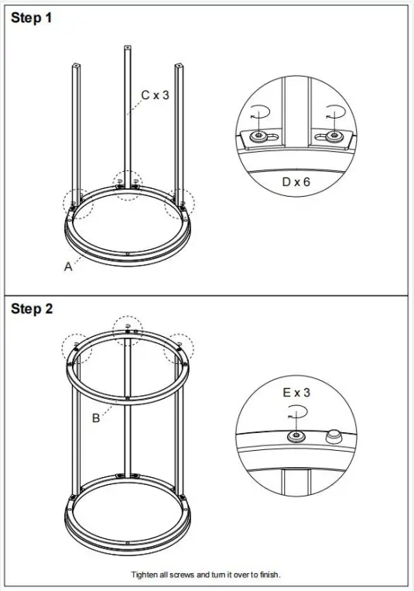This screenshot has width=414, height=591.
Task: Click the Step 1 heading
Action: pyautogui.click(x=32, y=18)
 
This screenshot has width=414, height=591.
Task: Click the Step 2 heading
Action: pyautogui.click(x=32, y=309)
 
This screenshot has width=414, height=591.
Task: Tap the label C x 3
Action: pyautogui.click(x=155, y=95)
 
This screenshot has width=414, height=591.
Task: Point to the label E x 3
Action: pyautogui.click(x=296, y=393)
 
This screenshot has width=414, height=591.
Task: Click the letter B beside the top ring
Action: pyautogui.click(x=96, y=418)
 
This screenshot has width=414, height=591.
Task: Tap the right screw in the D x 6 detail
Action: pyautogui.click(x=333, y=136)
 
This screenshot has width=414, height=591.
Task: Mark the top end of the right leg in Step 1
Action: pyautogui.click(x=180, y=67)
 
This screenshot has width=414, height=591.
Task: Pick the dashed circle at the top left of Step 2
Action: pyautogui.click(x=77, y=347)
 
